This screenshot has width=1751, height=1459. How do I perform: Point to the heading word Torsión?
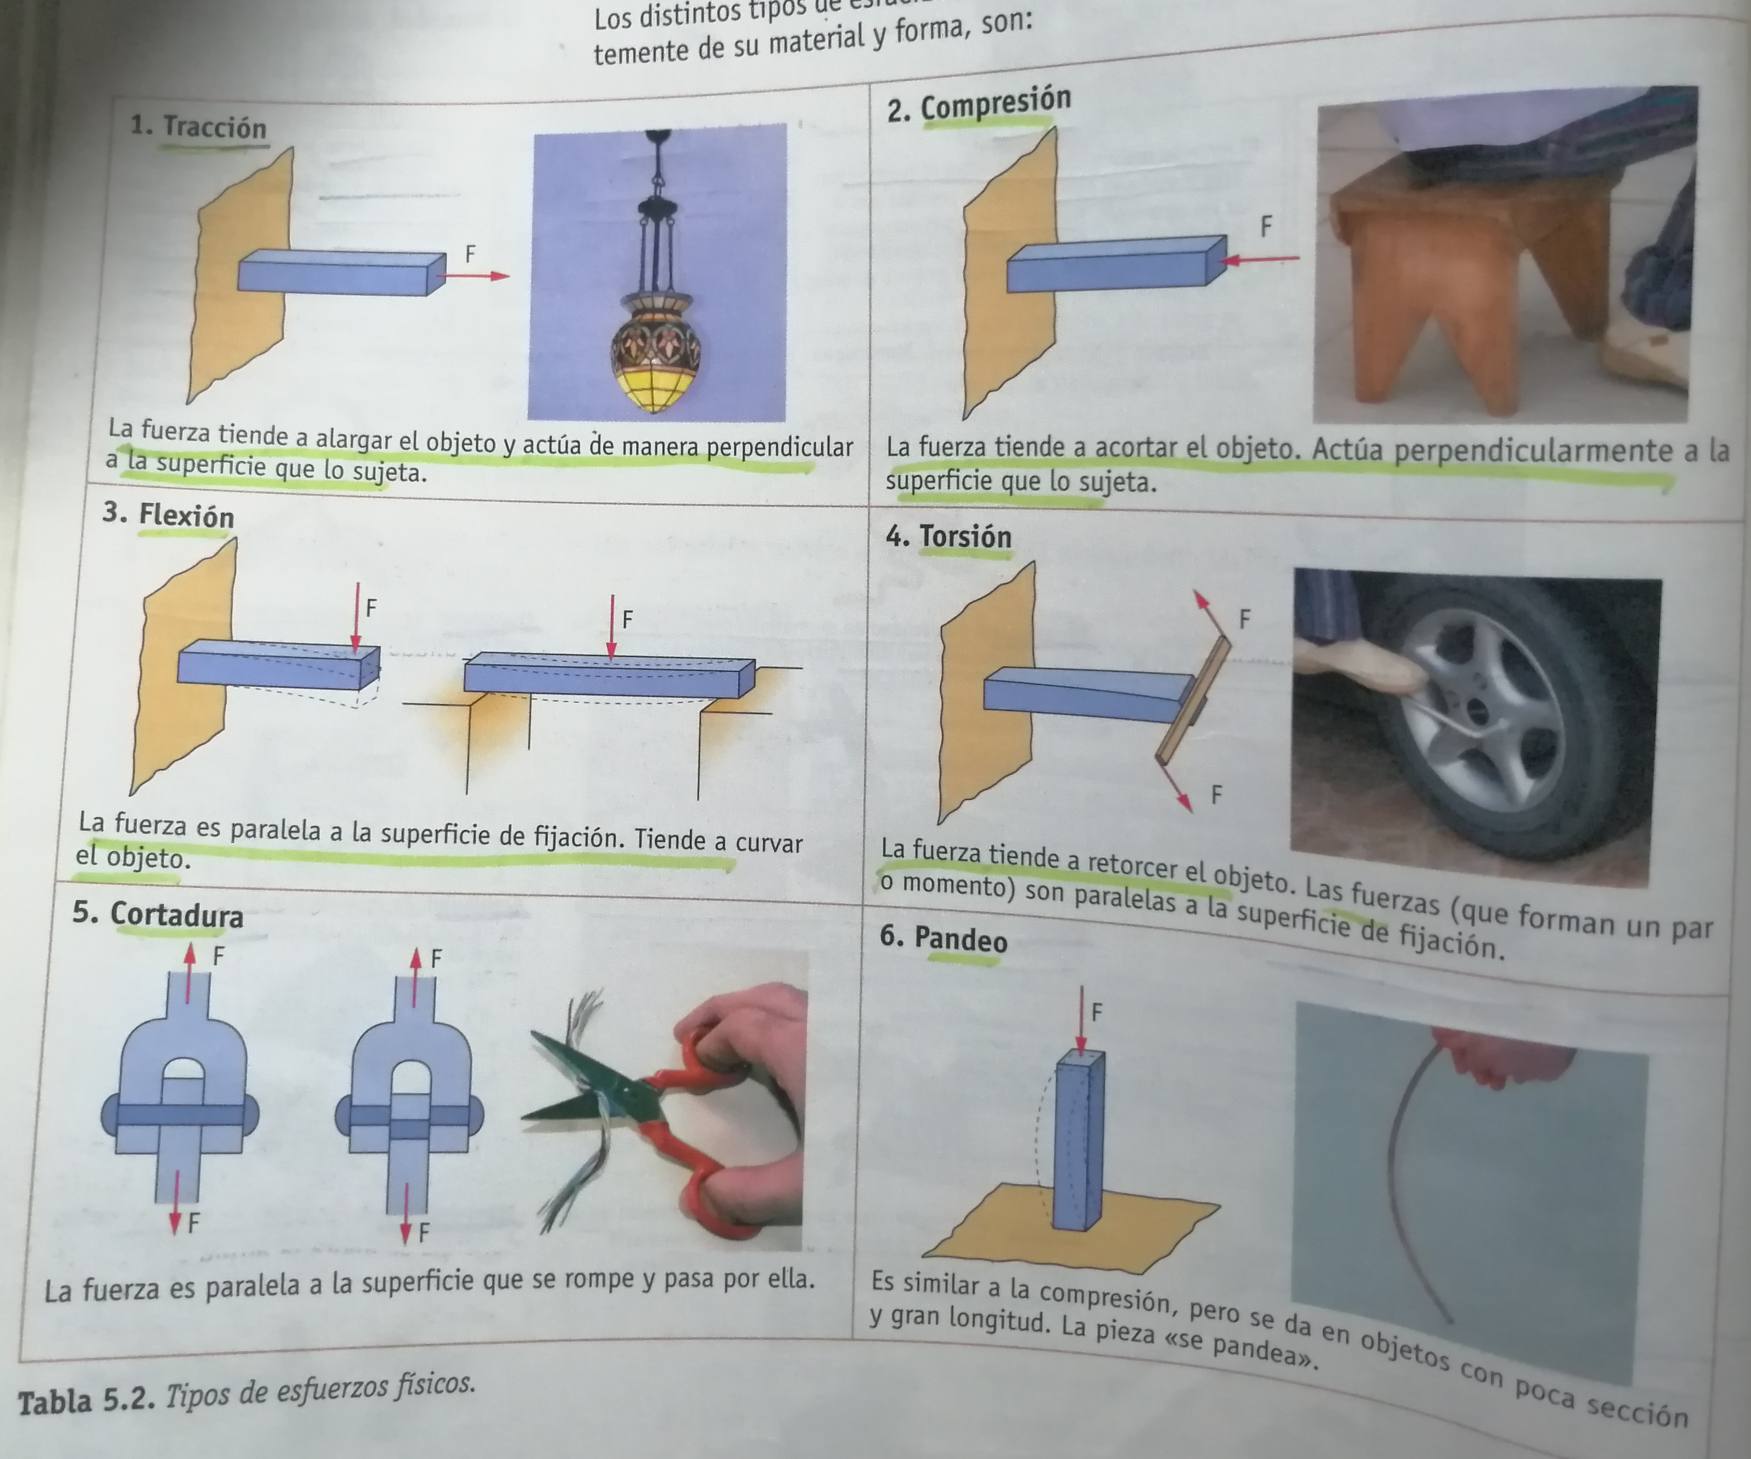pyautogui.click(x=966, y=536)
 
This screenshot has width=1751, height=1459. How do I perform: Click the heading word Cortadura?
pyautogui.click(x=177, y=915)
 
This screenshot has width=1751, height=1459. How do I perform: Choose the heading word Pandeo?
pyautogui.click(x=961, y=940)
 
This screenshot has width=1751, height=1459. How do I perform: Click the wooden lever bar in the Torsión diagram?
pyautogui.click(x=1192, y=700)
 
